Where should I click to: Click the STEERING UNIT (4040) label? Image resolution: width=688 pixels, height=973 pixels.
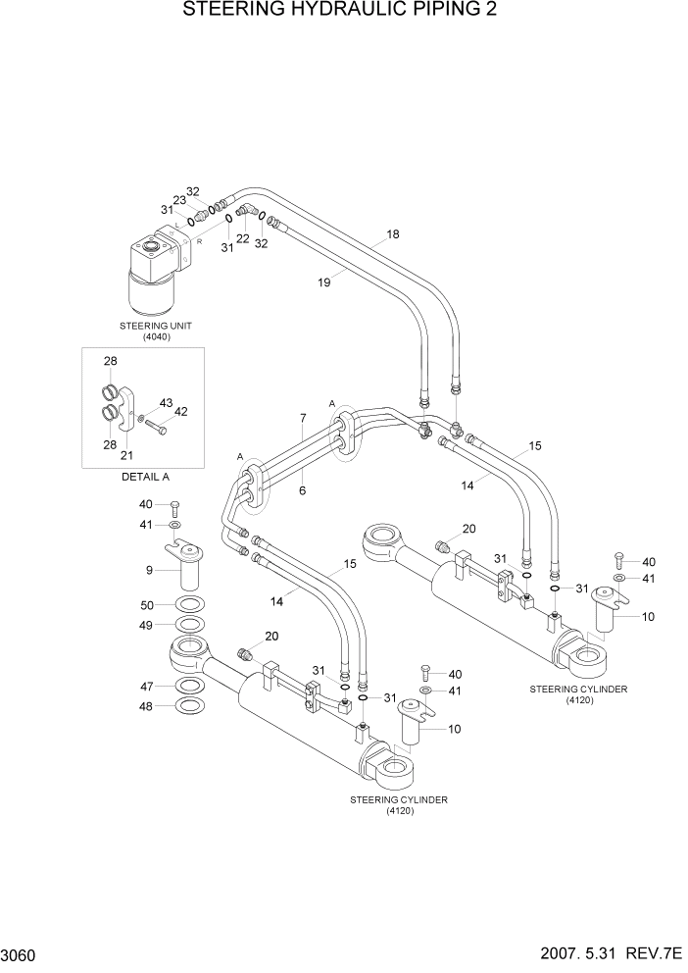[145, 329]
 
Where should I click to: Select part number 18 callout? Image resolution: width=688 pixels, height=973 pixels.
[393, 234]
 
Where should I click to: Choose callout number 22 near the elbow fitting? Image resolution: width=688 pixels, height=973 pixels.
[242, 238]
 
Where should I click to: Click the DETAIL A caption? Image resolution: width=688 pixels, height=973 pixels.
[145, 476]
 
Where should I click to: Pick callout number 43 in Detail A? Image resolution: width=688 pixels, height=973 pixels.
[166, 403]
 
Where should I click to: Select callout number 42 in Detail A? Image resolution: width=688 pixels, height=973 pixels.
[180, 412]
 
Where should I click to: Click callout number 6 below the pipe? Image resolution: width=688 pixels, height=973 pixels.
[303, 488]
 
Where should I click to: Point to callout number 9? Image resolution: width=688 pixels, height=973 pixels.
[148, 570]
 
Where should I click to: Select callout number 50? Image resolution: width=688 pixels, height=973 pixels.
[147, 604]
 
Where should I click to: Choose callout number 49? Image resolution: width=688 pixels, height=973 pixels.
[147, 625]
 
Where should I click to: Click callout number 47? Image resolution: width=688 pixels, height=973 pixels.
[147, 687]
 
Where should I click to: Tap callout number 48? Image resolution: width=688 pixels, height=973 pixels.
[147, 706]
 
